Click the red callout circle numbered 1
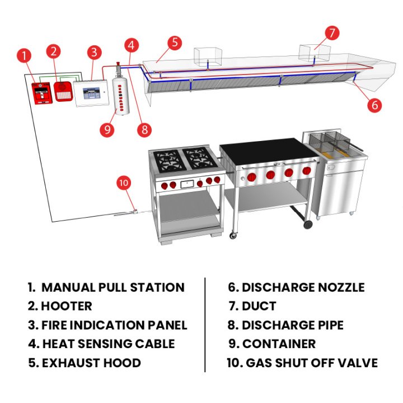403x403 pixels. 24,55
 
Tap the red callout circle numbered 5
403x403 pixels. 175,43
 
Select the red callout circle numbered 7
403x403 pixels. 331,33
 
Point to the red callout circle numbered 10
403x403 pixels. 124,183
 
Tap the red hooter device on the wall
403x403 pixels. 63,91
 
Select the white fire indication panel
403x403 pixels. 90,90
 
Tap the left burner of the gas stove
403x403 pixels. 167,160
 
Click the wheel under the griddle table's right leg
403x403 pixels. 307,224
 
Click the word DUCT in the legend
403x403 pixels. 259,306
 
